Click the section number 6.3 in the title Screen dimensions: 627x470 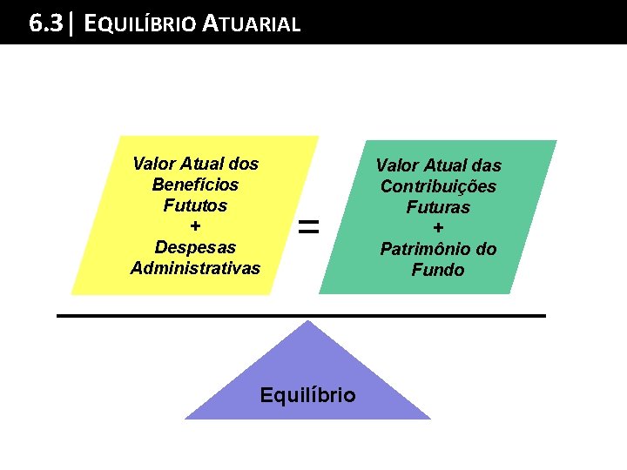[x=45, y=23]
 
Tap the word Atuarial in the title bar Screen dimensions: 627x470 [x=252, y=23]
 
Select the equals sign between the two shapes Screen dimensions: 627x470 [x=308, y=228]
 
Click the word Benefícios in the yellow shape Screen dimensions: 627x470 [x=195, y=185]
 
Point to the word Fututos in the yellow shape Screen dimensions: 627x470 [x=195, y=205]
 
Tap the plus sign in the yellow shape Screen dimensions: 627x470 [x=195, y=226]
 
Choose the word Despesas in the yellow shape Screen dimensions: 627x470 [x=195, y=247]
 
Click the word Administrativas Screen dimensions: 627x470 [x=195, y=268]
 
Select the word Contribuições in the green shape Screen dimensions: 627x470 [x=438, y=186]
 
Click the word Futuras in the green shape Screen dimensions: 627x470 [x=438, y=207]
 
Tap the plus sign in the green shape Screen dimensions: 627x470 [x=438, y=228]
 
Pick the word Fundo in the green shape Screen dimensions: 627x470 [x=438, y=270]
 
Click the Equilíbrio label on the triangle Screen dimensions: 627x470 [x=307, y=395]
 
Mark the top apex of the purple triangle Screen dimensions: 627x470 [x=307, y=322]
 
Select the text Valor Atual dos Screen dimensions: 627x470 [x=195, y=164]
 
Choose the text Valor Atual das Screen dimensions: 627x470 [x=438, y=165]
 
